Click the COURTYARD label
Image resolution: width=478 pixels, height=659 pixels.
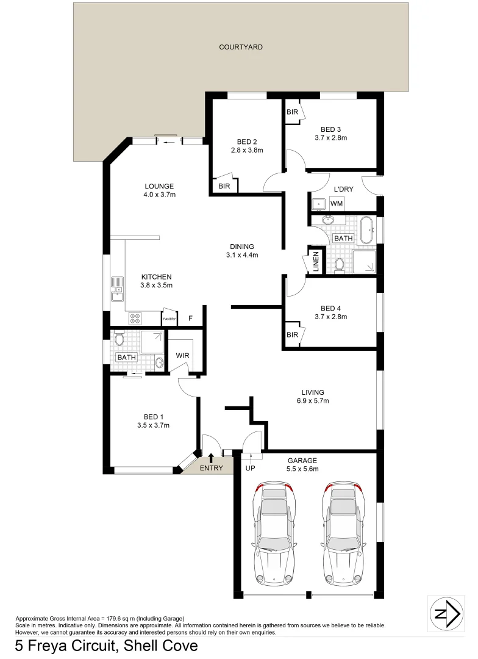tap(241, 47)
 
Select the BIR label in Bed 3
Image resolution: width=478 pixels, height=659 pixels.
tap(292, 112)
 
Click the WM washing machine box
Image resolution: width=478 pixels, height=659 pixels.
tap(337, 203)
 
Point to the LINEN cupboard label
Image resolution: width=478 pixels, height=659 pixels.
tap(316, 262)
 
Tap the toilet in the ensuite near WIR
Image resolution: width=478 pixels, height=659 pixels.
tap(120, 339)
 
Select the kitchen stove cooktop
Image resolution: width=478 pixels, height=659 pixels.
tap(135, 318)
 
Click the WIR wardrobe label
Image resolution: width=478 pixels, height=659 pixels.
tap(182, 355)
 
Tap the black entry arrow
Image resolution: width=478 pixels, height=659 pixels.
tap(211, 458)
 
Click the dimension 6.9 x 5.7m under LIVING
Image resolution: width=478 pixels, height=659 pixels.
tap(312, 401)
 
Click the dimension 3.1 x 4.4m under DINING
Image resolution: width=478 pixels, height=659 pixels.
tap(242, 255)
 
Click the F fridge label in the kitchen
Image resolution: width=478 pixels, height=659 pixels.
tap(190, 318)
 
